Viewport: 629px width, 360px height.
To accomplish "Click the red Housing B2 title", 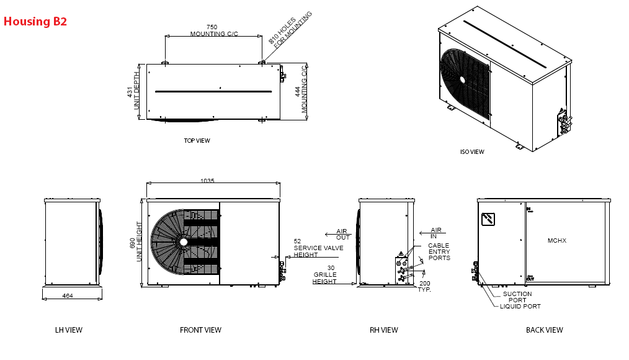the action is click(x=35, y=21).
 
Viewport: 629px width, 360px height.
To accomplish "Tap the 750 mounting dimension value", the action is click(x=212, y=27).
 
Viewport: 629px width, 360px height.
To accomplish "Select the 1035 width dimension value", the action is click(x=207, y=181).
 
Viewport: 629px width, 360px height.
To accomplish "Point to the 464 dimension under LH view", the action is click(x=68, y=296).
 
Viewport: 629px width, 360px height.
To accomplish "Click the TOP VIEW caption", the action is click(x=197, y=140).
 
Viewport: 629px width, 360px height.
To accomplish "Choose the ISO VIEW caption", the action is click(x=472, y=151).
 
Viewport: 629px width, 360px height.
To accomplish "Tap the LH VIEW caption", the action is click(x=69, y=330).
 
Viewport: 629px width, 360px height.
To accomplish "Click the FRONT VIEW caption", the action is click(x=200, y=330).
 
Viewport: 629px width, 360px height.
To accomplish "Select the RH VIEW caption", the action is click(x=384, y=330).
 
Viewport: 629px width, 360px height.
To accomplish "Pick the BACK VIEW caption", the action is click(x=545, y=330).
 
